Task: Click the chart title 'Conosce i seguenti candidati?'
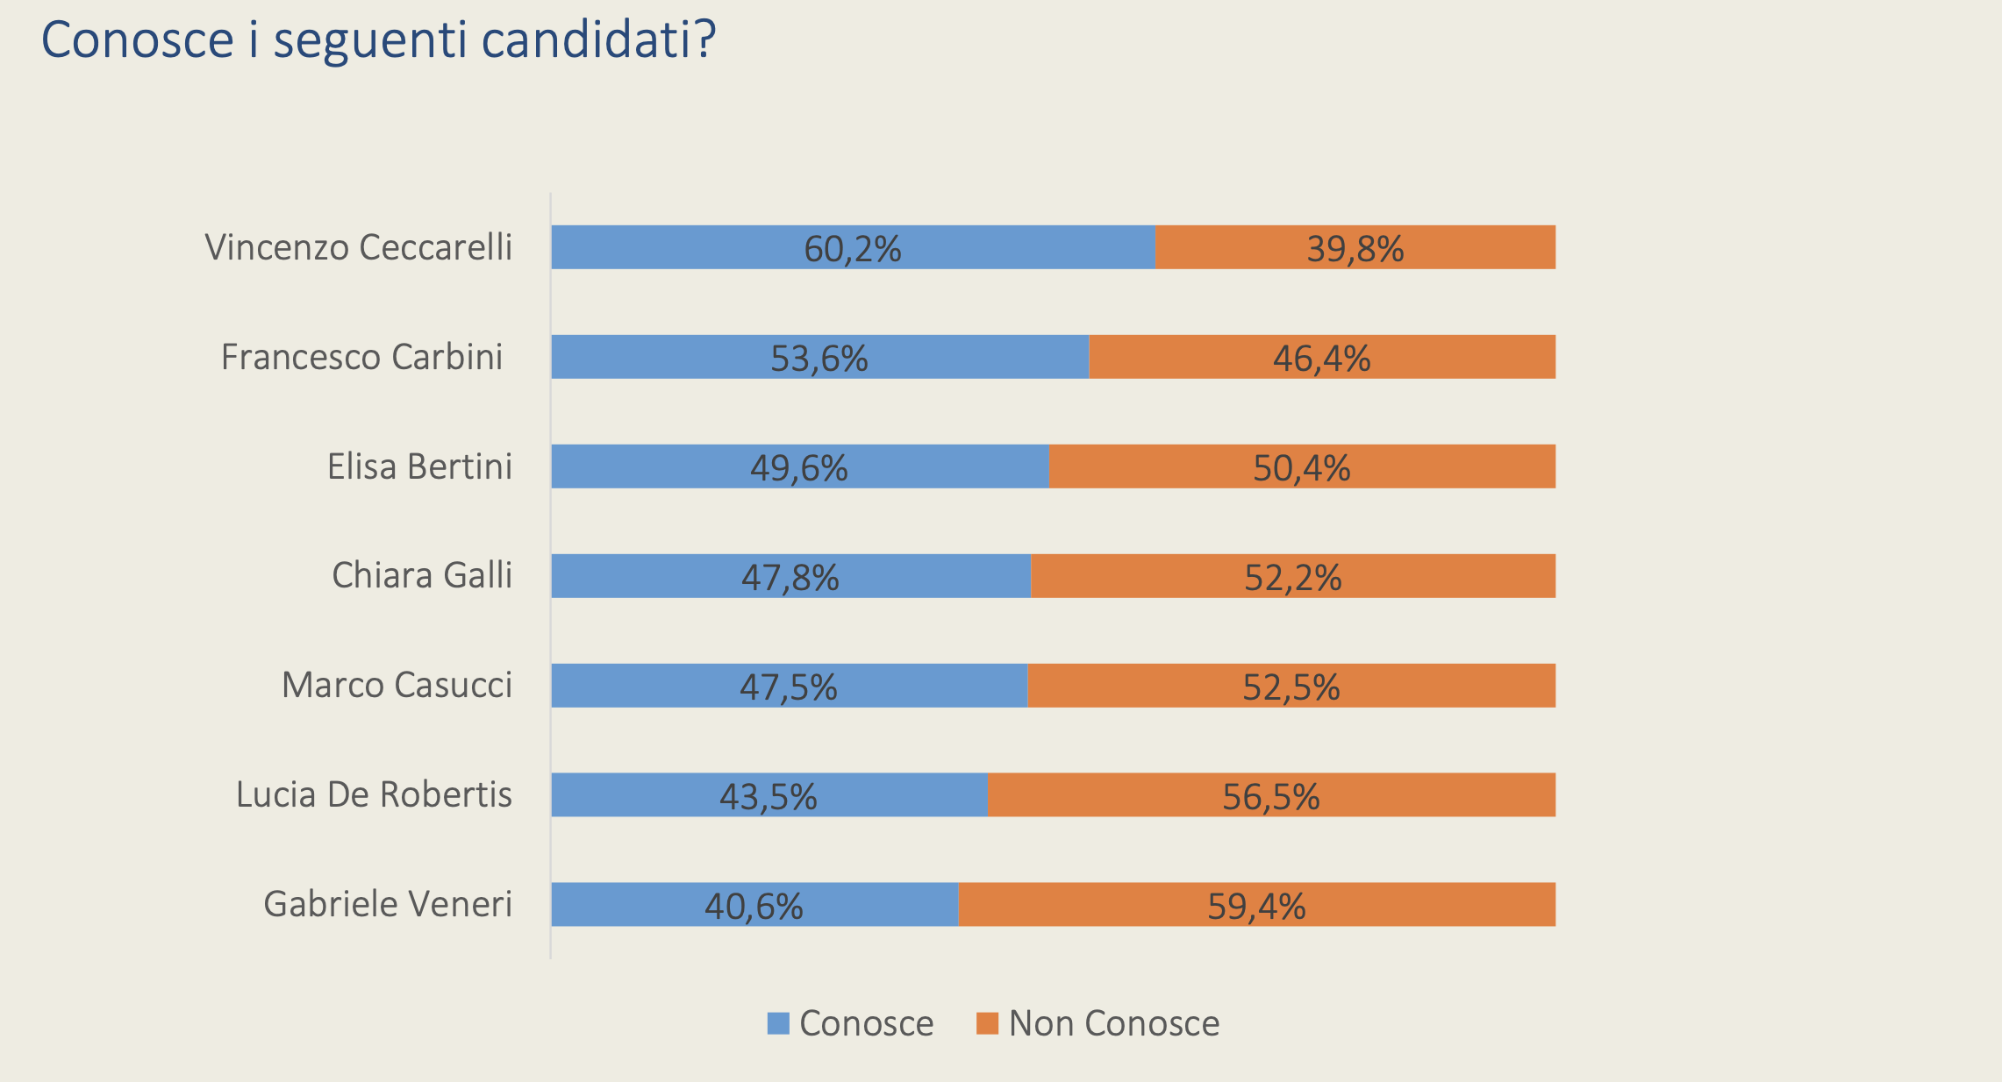(378, 39)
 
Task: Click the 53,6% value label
(819, 358)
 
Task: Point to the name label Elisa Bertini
(419, 466)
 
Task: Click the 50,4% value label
(1301, 467)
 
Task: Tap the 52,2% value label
(1292, 577)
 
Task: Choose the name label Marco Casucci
(397, 685)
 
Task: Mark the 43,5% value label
(768, 796)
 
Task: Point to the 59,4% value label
(1256, 906)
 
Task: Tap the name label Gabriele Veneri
(388, 904)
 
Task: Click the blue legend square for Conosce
(778, 1023)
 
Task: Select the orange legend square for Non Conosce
(987, 1023)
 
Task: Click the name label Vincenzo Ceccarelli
(358, 247)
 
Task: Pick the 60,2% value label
(852, 248)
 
